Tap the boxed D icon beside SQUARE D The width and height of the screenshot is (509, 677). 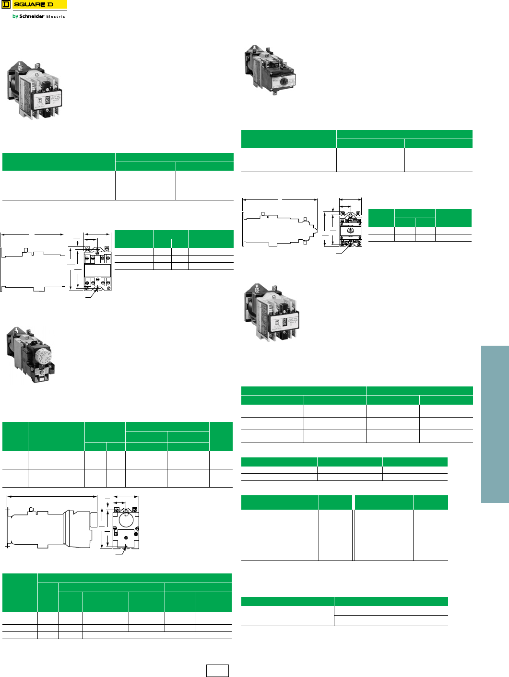pos(6,5)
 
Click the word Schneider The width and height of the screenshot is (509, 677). pos(32,16)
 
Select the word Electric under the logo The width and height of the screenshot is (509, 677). pos(56,17)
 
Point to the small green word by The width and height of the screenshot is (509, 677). pos(15,16)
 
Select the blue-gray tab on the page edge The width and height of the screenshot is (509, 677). pos(495,424)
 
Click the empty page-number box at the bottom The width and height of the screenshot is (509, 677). pos(217,670)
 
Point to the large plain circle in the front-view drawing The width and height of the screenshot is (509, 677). pos(126,520)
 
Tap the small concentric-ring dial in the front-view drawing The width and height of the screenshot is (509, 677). pos(351,231)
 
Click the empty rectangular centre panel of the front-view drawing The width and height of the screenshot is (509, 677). pos(97,270)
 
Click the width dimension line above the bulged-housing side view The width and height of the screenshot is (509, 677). pos(53,497)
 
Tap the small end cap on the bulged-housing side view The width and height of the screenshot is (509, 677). pos(94,519)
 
